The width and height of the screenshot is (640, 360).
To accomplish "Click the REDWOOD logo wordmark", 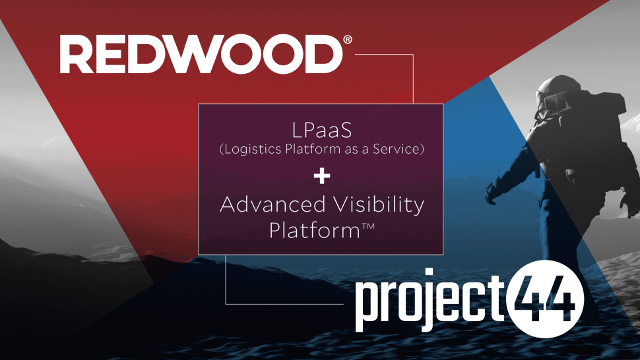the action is click(x=201, y=54).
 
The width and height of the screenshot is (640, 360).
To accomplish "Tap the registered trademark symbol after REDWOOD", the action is click(x=348, y=40).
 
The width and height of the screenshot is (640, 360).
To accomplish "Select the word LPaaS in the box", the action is click(x=321, y=131).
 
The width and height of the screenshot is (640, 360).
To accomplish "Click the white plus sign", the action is click(x=321, y=177).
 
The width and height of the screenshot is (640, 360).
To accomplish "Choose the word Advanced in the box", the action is click(x=272, y=204).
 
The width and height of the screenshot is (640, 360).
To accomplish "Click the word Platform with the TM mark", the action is click(x=322, y=231).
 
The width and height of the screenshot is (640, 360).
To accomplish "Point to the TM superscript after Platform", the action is click(x=368, y=226).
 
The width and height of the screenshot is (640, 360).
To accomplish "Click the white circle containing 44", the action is click(x=545, y=299).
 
